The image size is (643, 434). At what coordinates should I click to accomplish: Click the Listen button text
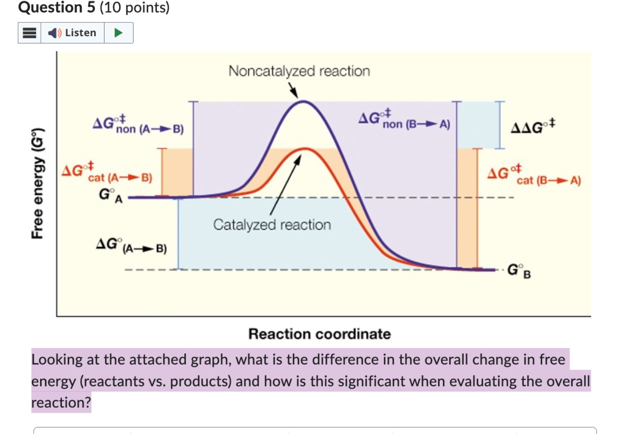click(x=80, y=33)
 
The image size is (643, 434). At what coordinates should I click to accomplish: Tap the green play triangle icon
click(x=118, y=33)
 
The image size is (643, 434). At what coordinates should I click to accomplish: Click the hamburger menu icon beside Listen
click(x=29, y=33)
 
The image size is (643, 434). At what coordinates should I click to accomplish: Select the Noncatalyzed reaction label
click(x=299, y=71)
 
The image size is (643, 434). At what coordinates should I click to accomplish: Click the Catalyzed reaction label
click(x=272, y=225)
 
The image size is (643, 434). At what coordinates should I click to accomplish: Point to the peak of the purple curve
click(x=303, y=102)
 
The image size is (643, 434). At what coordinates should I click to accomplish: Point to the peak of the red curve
click(x=305, y=149)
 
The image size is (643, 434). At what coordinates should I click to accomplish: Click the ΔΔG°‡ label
click(x=533, y=127)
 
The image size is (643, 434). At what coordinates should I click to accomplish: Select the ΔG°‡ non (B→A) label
click(x=404, y=120)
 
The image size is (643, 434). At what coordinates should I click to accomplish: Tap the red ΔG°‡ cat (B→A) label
click(x=534, y=175)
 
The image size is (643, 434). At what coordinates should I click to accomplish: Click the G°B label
click(x=519, y=271)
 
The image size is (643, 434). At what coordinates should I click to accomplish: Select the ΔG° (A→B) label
click(x=131, y=246)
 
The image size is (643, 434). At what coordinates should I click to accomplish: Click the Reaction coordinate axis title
click(x=320, y=334)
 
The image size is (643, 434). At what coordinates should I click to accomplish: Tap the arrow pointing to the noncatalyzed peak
click(x=293, y=90)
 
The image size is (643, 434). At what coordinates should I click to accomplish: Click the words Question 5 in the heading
click(x=57, y=7)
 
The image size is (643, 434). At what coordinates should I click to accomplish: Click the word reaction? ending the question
click(x=61, y=403)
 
